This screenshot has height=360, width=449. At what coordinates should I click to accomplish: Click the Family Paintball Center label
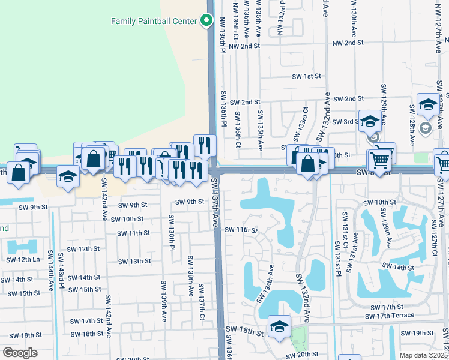[154, 21]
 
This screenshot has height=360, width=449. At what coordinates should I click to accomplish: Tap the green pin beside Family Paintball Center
[206, 20]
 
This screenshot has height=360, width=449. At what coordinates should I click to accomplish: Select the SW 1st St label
[306, 76]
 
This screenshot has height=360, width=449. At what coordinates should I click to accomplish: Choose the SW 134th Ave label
[265, 283]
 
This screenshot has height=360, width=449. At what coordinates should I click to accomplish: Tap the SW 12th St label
[82, 248]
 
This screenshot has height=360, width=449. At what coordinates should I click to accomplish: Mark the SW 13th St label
[134, 262]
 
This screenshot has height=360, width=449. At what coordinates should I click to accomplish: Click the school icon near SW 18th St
[279, 326]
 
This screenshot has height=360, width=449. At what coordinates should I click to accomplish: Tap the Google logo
[20, 353]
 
